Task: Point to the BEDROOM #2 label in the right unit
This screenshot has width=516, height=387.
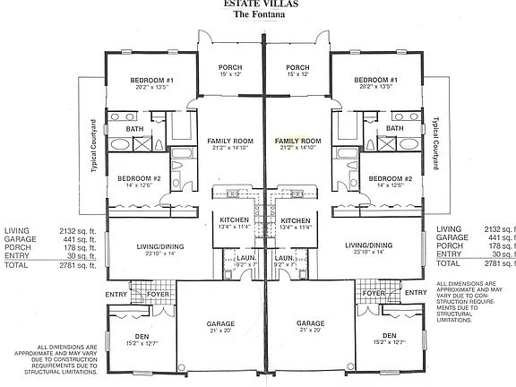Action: [x=390, y=177]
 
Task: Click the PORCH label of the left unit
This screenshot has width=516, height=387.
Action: [x=230, y=69]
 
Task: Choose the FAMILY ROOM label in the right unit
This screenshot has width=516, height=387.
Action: [x=298, y=142]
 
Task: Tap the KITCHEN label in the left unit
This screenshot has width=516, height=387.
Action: [x=230, y=220]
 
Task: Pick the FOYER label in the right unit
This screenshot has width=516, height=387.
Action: [x=374, y=293]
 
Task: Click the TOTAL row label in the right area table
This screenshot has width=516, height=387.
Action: [x=448, y=263]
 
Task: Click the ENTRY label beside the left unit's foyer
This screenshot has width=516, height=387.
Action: [x=116, y=293]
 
